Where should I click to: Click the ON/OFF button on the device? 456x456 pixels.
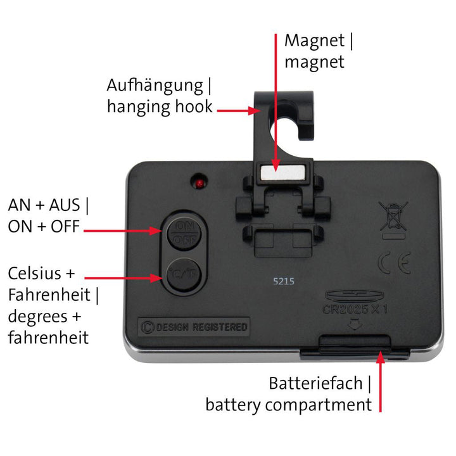tap(184, 233)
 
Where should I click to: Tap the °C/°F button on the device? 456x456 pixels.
tap(184, 274)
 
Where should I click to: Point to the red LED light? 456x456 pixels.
tap(199, 184)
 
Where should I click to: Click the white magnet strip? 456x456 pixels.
tap(283, 173)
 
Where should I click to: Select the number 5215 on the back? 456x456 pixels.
tap(284, 281)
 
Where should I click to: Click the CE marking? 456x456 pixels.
tap(395, 263)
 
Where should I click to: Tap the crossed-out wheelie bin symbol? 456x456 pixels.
tap(393, 220)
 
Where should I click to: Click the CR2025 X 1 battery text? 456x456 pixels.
tap(355, 309)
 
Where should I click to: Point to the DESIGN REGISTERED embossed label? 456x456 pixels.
tap(194, 327)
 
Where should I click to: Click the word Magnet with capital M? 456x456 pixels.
tap(314, 41)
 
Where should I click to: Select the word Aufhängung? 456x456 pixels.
tap(155, 86)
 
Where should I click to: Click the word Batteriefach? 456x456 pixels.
tap(315, 383)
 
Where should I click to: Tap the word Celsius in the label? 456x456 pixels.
tap(35, 274)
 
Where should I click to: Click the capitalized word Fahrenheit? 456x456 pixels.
tap(49, 294)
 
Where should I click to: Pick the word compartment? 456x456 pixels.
tap(319, 405)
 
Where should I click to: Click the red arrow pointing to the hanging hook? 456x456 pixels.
tap(239, 111)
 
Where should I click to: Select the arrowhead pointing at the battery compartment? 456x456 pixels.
tap(380, 357)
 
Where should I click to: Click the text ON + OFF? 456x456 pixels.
tap(44, 227)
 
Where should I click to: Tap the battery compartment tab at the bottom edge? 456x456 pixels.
tap(355, 344)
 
